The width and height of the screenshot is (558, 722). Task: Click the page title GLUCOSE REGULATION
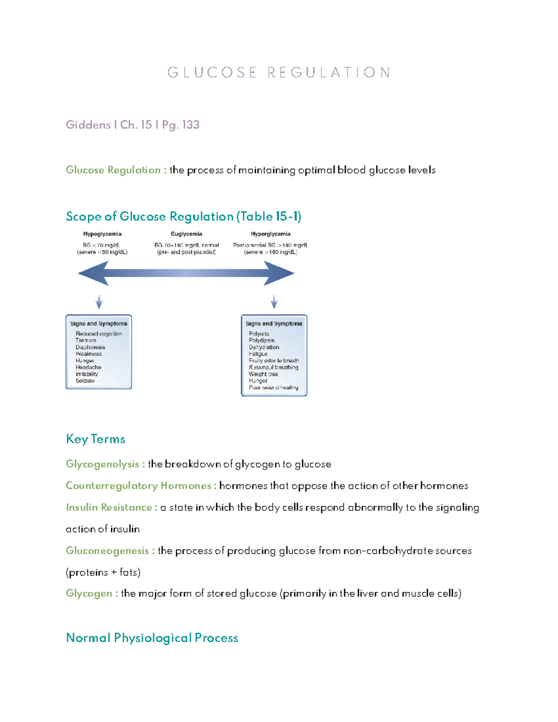pos(279,73)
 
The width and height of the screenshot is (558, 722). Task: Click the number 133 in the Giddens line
pos(191,125)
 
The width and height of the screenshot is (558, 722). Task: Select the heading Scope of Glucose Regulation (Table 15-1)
pos(183,216)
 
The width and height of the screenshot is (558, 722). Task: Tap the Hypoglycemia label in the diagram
pos(102,234)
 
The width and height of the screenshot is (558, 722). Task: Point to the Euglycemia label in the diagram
pos(186,234)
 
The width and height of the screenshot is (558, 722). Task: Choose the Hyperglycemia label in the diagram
pos(271,234)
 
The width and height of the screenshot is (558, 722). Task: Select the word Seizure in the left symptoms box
pos(85,381)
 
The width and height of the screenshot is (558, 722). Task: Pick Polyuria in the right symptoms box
pos(259,334)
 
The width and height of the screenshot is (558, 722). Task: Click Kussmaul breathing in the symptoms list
pos(273,367)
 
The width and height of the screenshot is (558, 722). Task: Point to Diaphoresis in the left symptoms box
pos(90,347)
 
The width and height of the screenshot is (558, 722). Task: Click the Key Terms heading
pos(95,439)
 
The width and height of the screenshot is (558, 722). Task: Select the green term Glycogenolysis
pos(102,464)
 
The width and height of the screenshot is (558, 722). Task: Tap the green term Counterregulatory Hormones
pos(139,485)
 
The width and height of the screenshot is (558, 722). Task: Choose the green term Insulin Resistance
pos(109,507)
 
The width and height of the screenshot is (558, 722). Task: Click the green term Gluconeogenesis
pos(107,550)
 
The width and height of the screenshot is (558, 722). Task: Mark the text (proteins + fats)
pos(103,572)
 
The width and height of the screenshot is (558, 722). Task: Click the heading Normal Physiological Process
pos(152,637)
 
